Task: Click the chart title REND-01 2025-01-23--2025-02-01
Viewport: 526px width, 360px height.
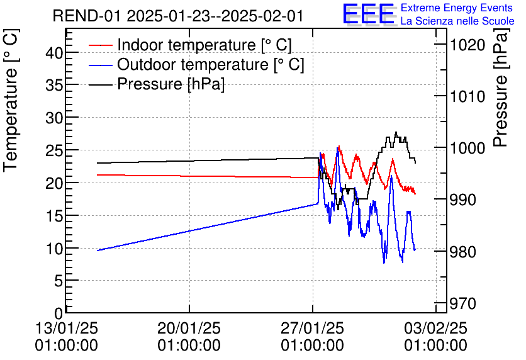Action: pos(178,16)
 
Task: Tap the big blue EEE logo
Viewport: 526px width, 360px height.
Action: pos(368,14)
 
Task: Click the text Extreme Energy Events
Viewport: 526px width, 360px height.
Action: pos(457,8)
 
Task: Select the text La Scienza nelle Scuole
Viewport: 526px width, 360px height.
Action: pos(457,21)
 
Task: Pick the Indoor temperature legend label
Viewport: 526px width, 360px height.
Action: pos(204,45)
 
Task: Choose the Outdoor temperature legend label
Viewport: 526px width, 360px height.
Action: pos(211,65)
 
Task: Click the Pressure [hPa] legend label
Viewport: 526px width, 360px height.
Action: pos(171,84)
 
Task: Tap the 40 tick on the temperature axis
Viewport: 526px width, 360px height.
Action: pos(55,53)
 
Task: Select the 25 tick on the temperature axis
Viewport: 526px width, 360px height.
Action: pos(55,150)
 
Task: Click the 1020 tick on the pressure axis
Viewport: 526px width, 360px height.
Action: pos(467,45)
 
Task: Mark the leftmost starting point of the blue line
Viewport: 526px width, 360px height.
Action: pos(98,250)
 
